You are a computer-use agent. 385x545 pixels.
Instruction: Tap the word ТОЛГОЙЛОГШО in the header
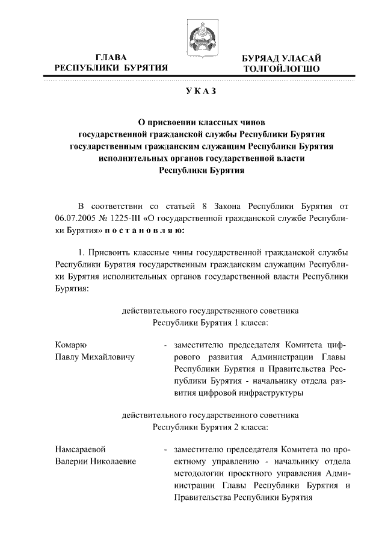pos(282,69)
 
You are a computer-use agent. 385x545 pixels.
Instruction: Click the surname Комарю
pos(70,345)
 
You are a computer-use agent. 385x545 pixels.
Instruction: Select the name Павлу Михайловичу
pos(93,357)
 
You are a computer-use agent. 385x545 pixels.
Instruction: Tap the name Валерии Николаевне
pos(94,462)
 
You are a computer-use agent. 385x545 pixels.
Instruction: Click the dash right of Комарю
pos(164,346)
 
